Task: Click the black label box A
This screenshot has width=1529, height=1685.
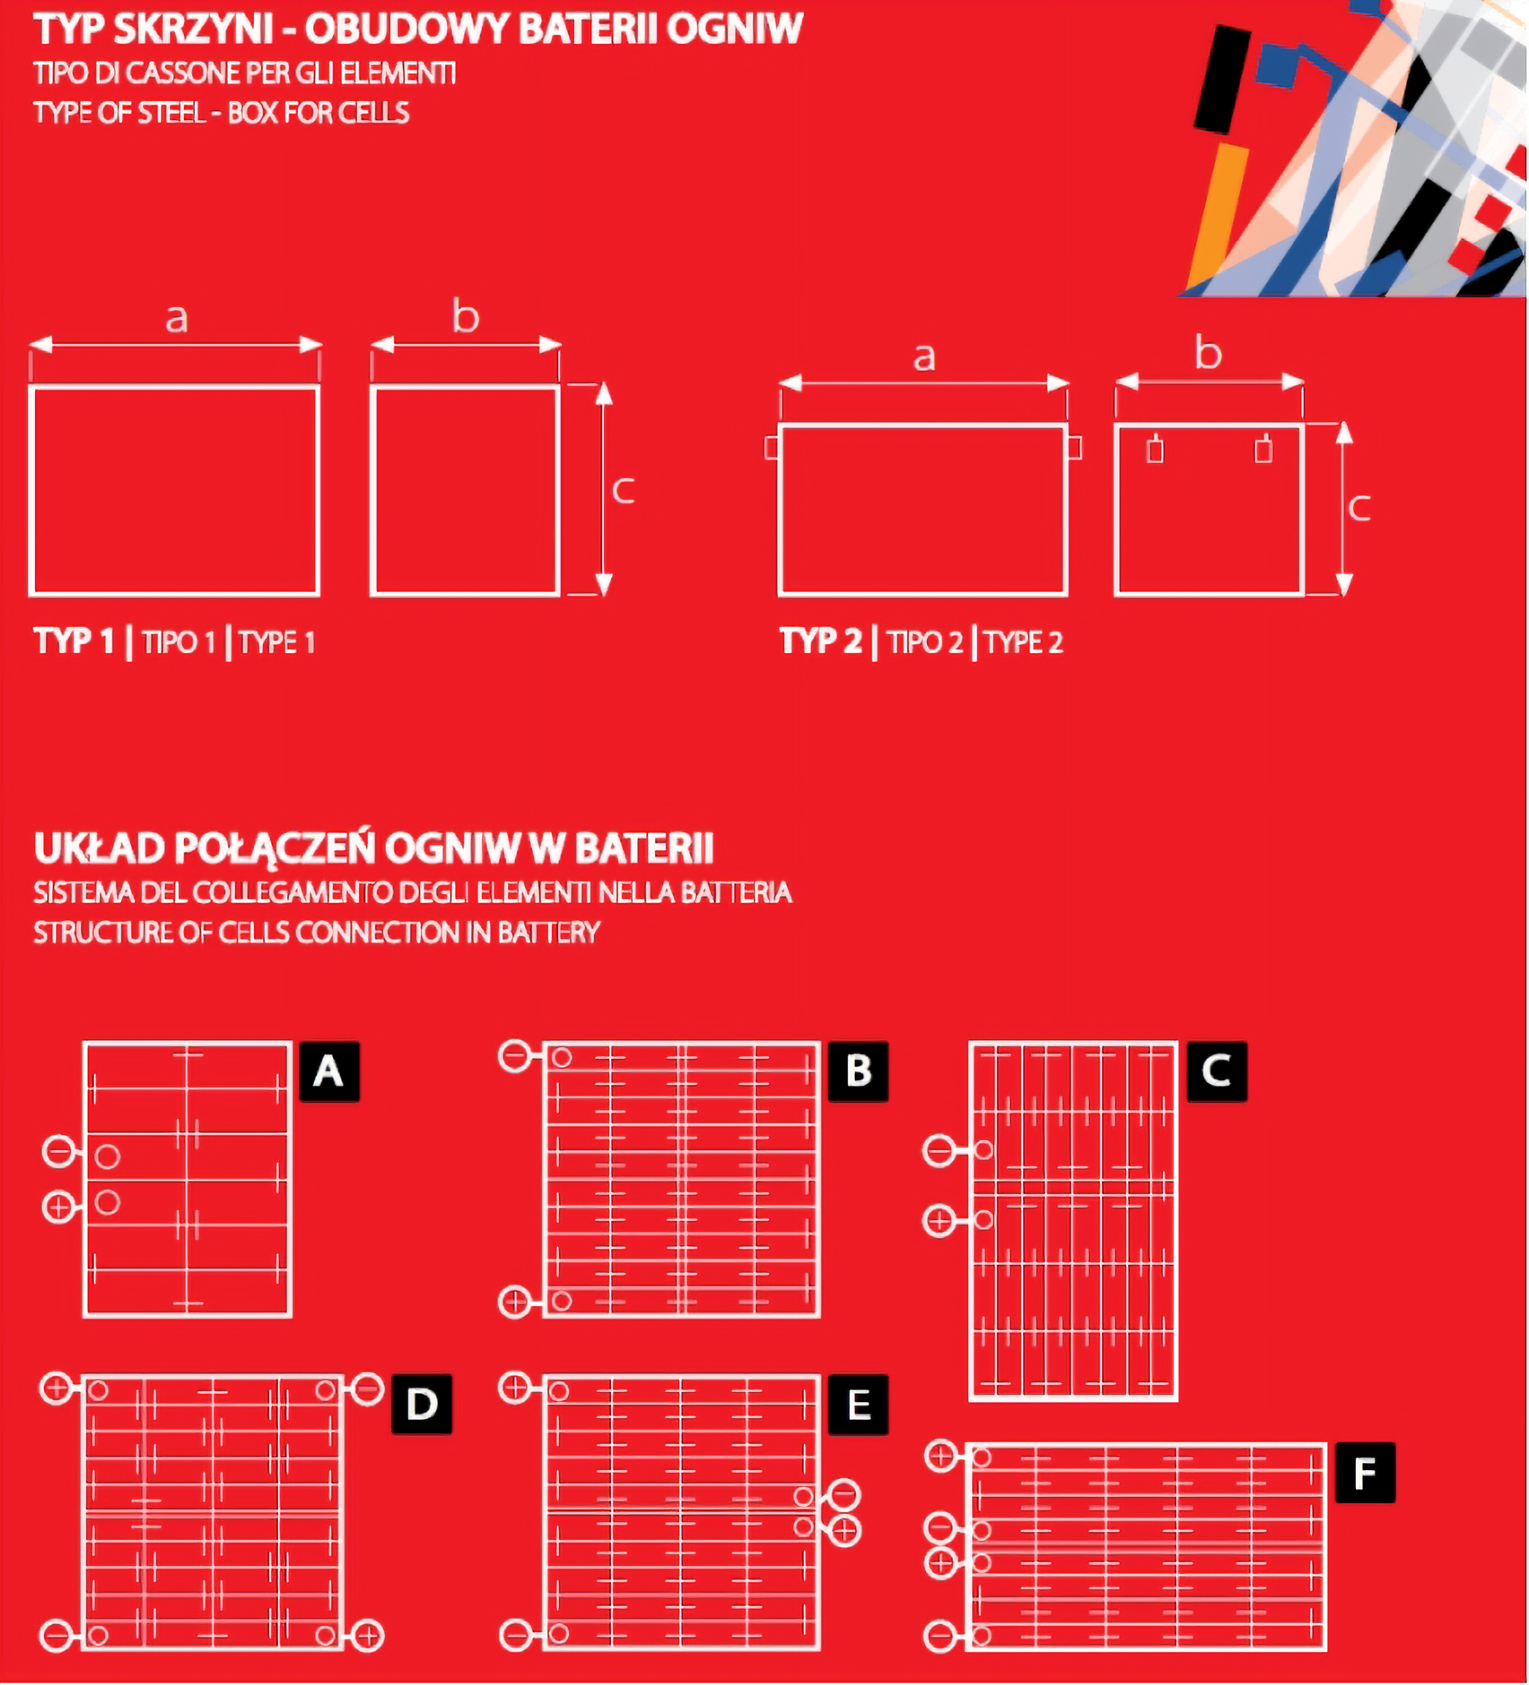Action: (x=329, y=1071)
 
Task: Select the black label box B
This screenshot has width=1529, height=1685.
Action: (x=858, y=1071)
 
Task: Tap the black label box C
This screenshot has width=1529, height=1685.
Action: (x=1216, y=1071)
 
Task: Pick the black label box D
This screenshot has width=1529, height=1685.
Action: (x=422, y=1404)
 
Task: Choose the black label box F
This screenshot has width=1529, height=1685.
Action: (x=1365, y=1472)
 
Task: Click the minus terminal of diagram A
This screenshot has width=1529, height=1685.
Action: (x=58, y=1152)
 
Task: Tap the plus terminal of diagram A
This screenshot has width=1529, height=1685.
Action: (x=58, y=1207)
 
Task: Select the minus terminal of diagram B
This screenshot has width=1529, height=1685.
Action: (x=514, y=1056)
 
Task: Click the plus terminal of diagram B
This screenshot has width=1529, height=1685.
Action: (x=514, y=1302)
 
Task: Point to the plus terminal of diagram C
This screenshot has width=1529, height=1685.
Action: (x=938, y=1221)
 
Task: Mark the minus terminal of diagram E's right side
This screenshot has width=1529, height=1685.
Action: (x=845, y=1494)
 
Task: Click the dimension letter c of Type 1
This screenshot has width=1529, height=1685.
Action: (x=624, y=491)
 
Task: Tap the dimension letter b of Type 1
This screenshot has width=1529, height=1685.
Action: (x=465, y=316)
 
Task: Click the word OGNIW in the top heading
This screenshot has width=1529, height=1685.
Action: (x=735, y=29)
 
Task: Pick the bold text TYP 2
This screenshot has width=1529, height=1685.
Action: (x=821, y=641)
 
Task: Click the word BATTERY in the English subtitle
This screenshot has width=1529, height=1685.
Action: (x=549, y=932)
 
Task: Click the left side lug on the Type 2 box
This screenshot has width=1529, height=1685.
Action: (x=772, y=448)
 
